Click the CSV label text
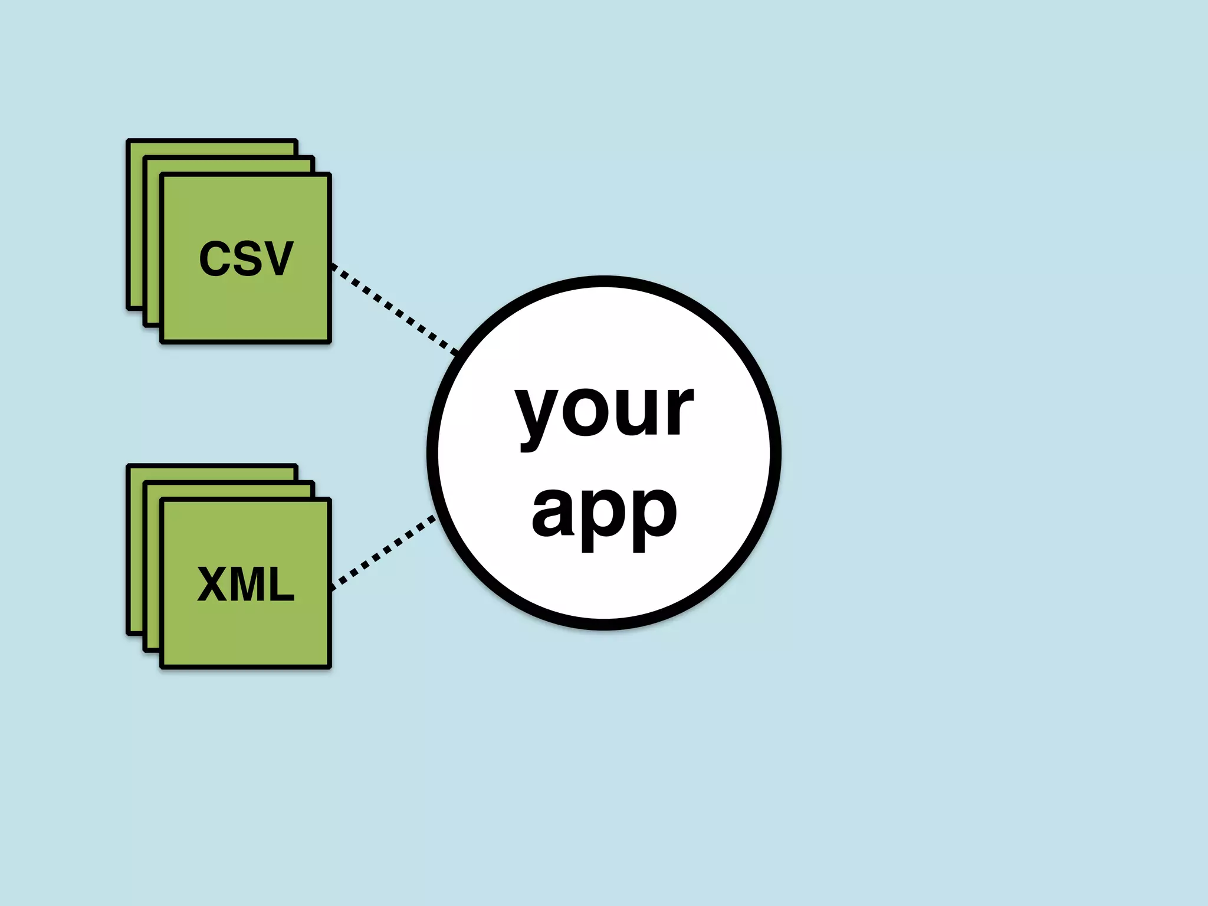[x=245, y=258]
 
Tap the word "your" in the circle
[x=604, y=410]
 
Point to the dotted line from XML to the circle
[x=383, y=552]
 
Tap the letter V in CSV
[x=276, y=258]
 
